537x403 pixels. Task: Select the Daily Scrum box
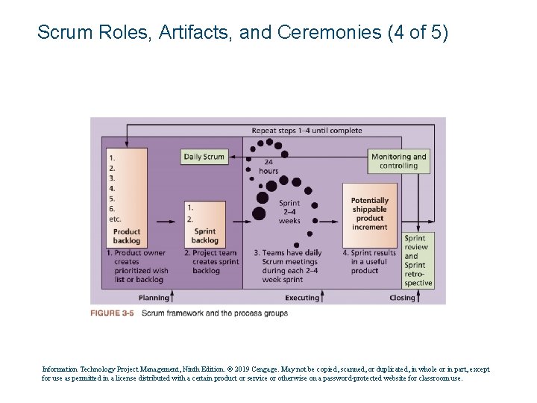coord(204,157)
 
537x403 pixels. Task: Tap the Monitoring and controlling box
coord(398,161)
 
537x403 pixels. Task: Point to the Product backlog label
coord(126,236)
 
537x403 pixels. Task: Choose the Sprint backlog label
coord(204,236)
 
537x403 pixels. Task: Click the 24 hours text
coord(268,166)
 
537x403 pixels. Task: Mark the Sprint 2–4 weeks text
coord(289,212)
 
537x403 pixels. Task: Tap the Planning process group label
coord(154,298)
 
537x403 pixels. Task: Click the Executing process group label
coord(301,298)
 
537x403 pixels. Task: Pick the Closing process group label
coord(403,298)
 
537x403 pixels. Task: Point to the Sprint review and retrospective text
coord(417,260)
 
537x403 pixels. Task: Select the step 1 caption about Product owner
coord(139,266)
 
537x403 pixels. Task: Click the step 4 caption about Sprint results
coord(370,262)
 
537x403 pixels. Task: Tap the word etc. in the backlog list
coord(115,219)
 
